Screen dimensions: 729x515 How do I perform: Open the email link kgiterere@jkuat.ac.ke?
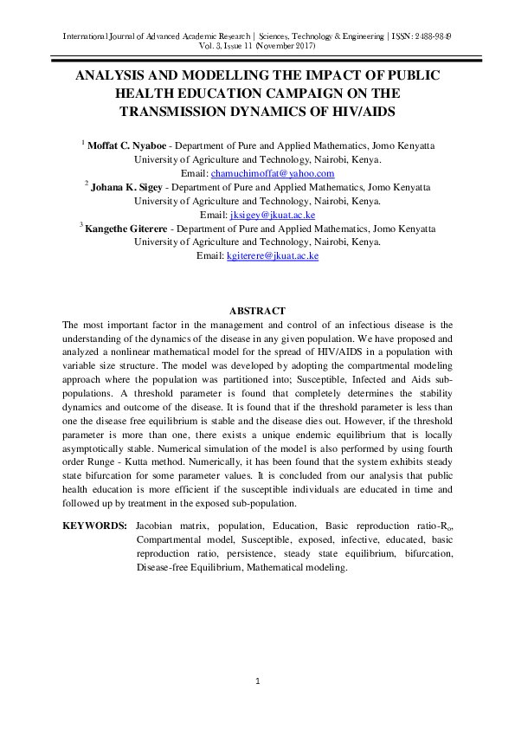click(273, 255)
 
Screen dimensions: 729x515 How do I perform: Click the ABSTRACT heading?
click(257, 310)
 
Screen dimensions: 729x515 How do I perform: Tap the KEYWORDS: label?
click(95, 526)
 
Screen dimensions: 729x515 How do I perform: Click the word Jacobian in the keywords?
click(158, 526)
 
